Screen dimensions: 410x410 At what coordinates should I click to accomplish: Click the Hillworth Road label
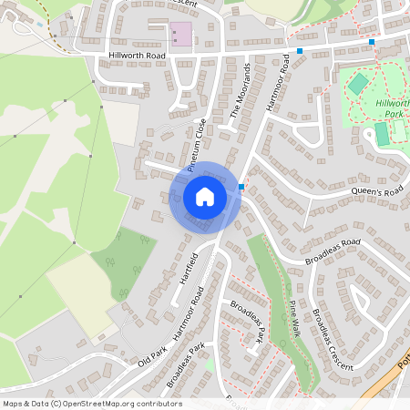click(136, 55)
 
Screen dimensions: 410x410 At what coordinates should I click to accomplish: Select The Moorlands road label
click(241, 91)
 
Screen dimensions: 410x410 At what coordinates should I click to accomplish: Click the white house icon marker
click(205, 196)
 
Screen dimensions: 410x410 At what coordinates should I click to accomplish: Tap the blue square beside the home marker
click(241, 187)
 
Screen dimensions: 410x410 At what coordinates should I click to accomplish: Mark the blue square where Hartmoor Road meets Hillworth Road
click(300, 51)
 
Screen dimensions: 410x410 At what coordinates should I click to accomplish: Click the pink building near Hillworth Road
click(182, 36)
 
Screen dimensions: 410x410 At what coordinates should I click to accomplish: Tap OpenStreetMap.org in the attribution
click(108, 404)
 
